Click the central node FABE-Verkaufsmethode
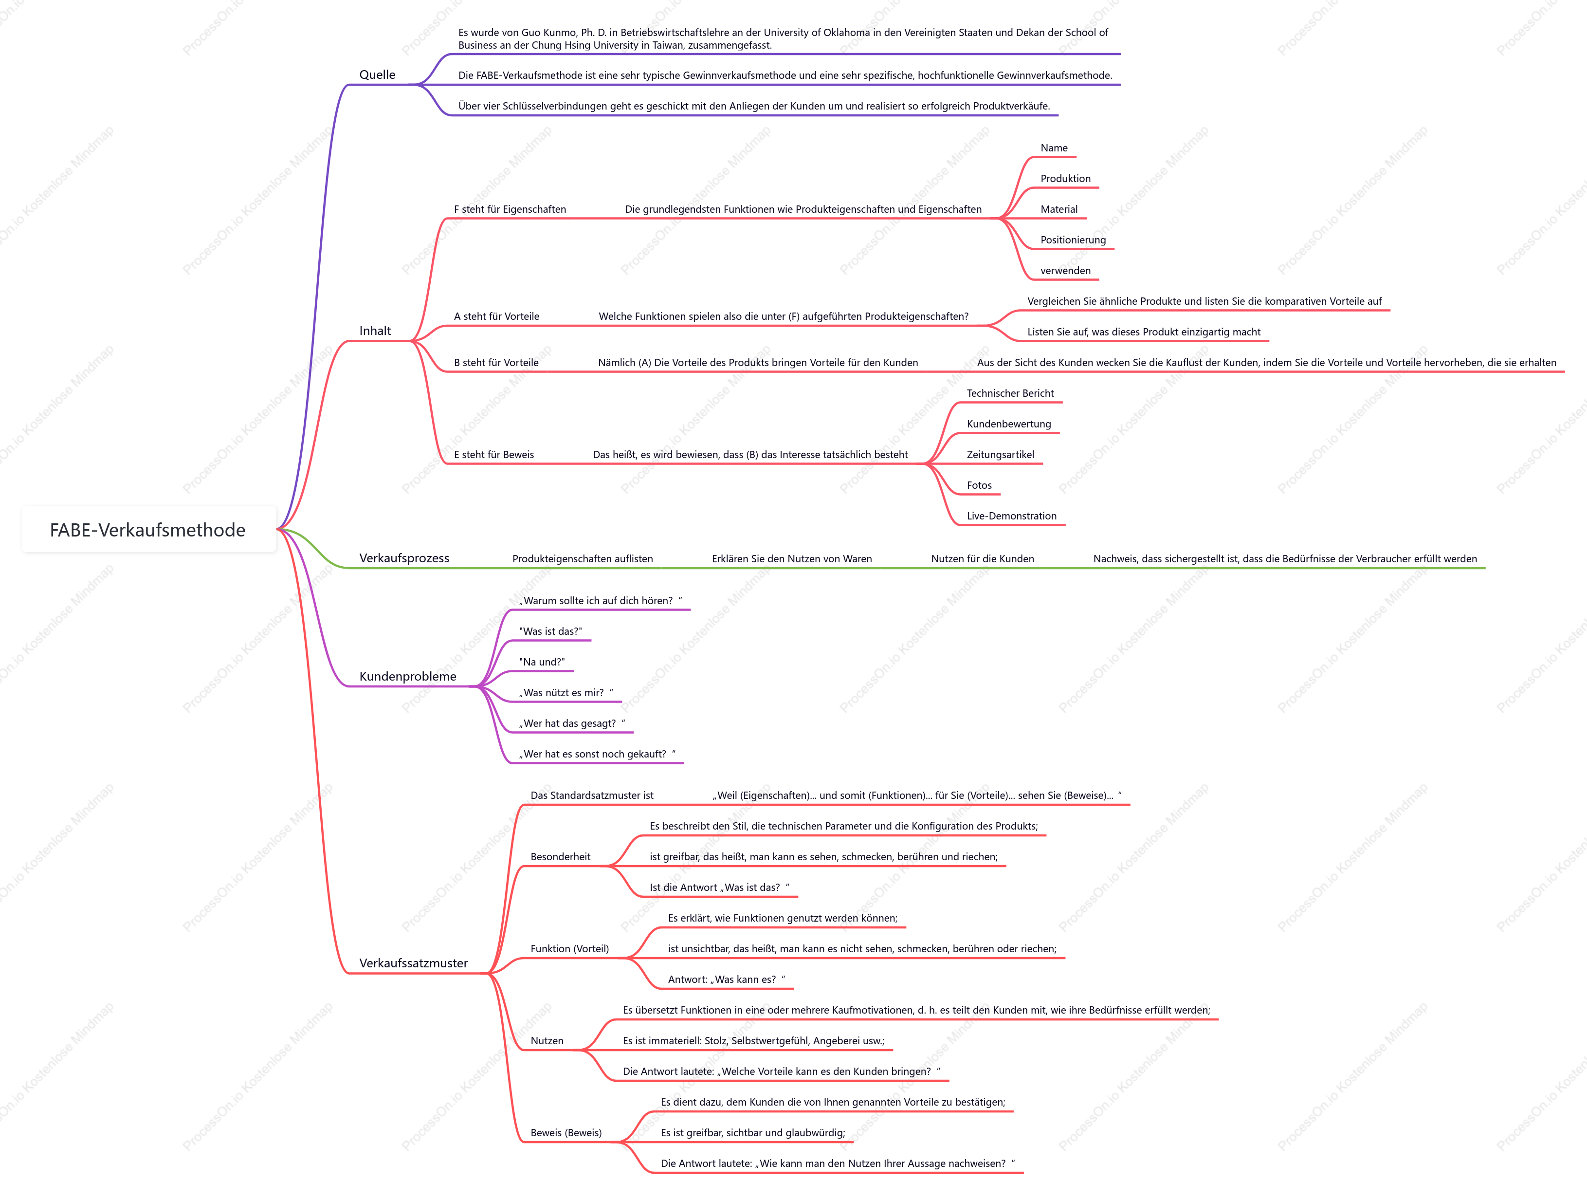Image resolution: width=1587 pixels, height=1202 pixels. [x=148, y=530]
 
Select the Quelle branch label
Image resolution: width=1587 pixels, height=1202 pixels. [x=377, y=74]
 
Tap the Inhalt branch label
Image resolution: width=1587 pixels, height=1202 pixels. [x=375, y=331]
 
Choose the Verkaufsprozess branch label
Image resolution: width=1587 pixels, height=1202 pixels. [x=404, y=558]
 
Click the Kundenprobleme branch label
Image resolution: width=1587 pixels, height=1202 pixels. [x=407, y=677]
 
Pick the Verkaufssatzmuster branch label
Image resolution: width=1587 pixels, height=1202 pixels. [x=413, y=963]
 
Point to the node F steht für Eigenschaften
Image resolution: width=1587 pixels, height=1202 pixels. [x=510, y=209]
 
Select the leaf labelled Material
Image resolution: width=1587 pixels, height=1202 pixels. [x=1059, y=209]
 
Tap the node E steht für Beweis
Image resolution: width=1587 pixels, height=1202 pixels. [x=494, y=455]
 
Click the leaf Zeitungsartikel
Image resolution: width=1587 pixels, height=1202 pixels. [x=1000, y=455]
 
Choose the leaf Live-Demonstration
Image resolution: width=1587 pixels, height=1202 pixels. [x=1012, y=516]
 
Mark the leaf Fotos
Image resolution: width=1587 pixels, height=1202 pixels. [x=979, y=486]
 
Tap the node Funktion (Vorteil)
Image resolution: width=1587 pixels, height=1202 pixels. [x=570, y=949]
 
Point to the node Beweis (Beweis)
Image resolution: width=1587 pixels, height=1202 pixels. [x=566, y=1133]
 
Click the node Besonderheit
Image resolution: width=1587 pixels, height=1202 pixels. [x=560, y=857]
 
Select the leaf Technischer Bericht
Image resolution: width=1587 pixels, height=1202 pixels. [x=1010, y=393]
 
